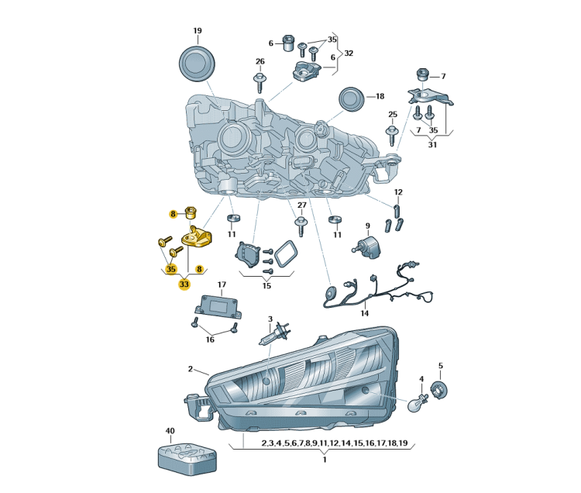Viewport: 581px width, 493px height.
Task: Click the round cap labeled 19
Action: (x=197, y=64)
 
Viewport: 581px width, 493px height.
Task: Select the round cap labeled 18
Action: (x=351, y=99)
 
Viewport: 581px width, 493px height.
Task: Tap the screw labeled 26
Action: (x=260, y=82)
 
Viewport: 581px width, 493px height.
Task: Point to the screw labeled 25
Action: (x=393, y=136)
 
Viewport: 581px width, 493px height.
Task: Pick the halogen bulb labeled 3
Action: (x=273, y=334)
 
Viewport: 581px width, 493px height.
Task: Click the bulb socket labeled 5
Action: (x=440, y=390)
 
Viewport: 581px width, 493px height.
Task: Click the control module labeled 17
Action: (x=218, y=306)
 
